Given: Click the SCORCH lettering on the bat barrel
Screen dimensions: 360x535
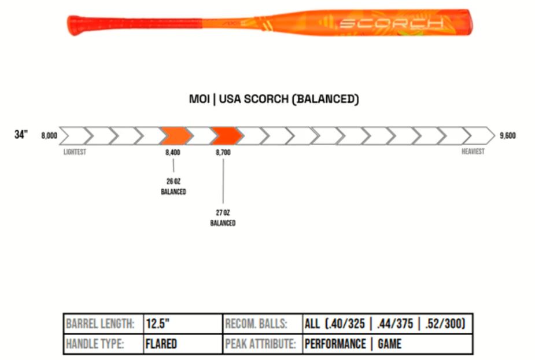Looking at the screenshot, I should click(x=391, y=23).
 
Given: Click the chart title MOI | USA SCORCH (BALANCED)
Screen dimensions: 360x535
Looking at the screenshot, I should click(x=274, y=99).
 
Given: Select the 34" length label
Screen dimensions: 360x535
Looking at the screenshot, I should click(x=21, y=135).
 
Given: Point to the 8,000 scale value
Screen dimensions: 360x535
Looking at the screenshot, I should click(x=49, y=136).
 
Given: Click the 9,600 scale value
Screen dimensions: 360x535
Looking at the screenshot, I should click(x=507, y=136).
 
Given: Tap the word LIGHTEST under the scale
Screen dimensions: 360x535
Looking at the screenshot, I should click(x=75, y=152).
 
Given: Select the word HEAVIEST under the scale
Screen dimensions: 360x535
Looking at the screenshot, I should click(x=473, y=152).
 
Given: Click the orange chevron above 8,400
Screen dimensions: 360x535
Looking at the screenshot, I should click(x=175, y=136).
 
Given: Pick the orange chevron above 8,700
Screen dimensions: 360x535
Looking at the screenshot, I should click(x=226, y=136).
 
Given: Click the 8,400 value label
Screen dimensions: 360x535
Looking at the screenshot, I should click(x=173, y=152).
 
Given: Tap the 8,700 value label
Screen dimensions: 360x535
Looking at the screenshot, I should click(x=223, y=152).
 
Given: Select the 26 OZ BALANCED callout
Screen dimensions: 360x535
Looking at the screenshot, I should click(x=174, y=186).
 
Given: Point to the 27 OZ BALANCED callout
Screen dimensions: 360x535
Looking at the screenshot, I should click(x=223, y=218).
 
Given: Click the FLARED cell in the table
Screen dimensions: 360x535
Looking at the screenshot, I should click(x=161, y=344).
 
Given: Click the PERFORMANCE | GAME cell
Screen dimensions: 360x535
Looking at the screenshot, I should click(x=353, y=344).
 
